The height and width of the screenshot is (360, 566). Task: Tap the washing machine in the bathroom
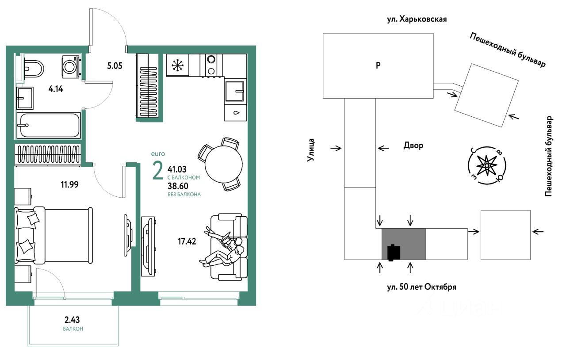click(70, 66)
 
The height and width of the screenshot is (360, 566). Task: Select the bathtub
click(48, 125)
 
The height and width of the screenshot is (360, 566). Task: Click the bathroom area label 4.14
click(56, 89)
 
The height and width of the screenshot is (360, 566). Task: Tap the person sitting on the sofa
click(226, 250)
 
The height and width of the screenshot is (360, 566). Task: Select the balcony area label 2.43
click(72, 320)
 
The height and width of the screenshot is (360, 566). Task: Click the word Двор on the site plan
click(413, 145)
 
